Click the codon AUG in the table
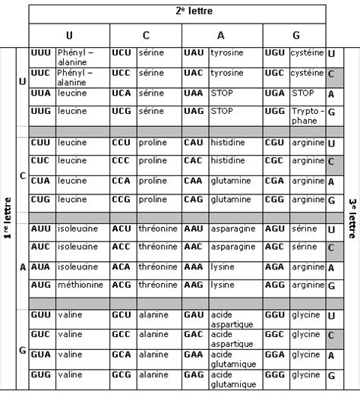click(41, 284)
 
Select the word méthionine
click(81, 284)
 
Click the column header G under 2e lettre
click(295, 36)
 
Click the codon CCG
click(121, 199)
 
